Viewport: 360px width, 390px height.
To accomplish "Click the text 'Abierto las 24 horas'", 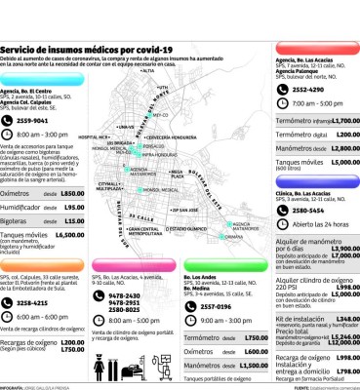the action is pos(311,223).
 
